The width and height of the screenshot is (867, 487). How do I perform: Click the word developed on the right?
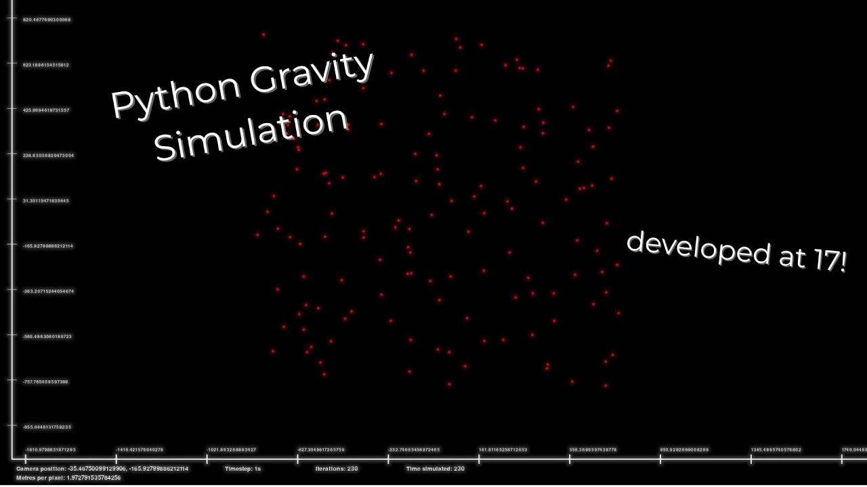point(698,248)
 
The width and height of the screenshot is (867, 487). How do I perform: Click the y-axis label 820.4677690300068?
point(47,20)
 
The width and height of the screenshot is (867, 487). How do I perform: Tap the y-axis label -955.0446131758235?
point(47,427)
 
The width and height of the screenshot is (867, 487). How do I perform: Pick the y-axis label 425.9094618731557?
point(46,110)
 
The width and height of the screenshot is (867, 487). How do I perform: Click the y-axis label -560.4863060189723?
point(47,337)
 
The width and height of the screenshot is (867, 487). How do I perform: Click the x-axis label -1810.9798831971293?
point(51,450)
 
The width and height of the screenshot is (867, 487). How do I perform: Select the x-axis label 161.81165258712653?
point(503,450)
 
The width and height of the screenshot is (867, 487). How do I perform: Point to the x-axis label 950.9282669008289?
point(684,450)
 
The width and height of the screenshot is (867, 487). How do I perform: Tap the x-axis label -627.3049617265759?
point(321,450)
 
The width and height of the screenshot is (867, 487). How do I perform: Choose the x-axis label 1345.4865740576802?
point(776,450)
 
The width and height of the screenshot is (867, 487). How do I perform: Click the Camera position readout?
point(102,469)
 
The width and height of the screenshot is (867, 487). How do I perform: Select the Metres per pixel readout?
point(68,478)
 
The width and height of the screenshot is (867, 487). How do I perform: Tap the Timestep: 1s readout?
point(243,469)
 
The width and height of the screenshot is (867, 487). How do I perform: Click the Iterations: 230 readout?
point(337,469)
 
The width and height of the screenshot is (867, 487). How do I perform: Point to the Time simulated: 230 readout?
point(436,469)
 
